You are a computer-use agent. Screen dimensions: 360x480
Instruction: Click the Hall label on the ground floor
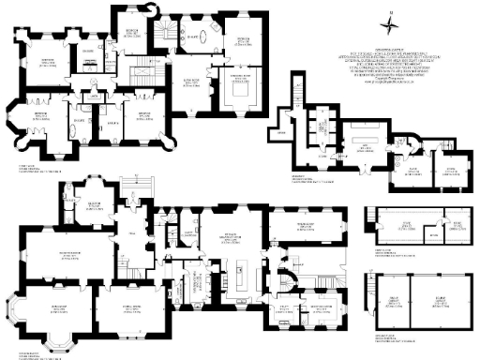132,233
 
